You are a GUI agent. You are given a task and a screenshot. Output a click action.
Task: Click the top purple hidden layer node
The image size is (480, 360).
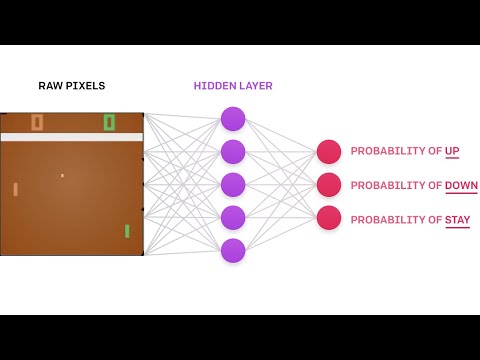click(x=233, y=119)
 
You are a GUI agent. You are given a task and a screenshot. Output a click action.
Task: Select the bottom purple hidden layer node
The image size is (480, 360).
click(x=233, y=251)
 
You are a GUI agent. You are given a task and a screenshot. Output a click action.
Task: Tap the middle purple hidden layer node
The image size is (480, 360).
click(x=233, y=185)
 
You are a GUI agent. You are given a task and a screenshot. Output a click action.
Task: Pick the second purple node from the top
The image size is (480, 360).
click(x=233, y=152)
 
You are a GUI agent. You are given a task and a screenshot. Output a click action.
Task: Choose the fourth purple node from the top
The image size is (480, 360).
click(x=233, y=218)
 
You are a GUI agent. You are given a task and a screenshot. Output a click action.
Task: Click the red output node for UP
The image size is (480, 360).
click(x=329, y=152)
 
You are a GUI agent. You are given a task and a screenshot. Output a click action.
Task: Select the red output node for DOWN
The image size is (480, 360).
click(x=329, y=185)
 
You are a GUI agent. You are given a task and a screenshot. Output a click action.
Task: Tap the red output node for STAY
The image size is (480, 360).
click(x=329, y=218)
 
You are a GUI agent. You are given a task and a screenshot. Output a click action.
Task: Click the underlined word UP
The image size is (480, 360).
click(x=452, y=152)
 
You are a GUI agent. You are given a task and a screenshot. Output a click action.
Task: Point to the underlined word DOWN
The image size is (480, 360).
click(x=461, y=186)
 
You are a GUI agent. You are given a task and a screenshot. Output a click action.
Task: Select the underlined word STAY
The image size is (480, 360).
click(x=458, y=219)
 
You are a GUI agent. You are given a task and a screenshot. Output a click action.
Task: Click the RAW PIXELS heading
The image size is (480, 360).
click(x=71, y=86)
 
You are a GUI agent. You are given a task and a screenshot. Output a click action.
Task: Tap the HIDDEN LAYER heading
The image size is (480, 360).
click(x=233, y=86)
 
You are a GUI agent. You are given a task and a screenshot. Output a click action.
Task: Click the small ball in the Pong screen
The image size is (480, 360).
click(x=62, y=176)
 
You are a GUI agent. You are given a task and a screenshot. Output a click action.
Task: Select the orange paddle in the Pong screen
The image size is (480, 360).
click(x=16, y=189)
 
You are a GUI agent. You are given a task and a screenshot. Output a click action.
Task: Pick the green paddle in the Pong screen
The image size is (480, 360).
click(x=127, y=231)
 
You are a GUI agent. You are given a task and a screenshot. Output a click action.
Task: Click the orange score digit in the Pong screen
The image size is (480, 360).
click(x=37, y=123)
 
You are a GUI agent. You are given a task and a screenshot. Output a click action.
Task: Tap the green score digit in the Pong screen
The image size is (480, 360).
click(x=109, y=123)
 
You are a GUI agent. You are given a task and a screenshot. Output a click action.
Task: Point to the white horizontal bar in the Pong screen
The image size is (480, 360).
click(x=71, y=137)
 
